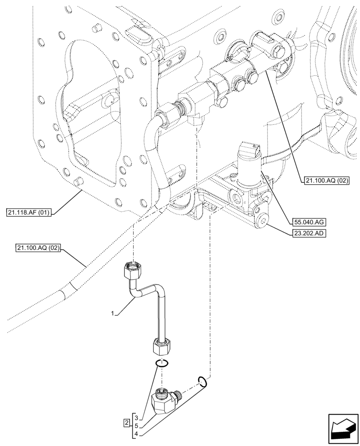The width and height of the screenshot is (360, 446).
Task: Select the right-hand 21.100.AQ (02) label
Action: click(x=327, y=181)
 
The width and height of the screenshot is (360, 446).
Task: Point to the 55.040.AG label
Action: click(x=308, y=221)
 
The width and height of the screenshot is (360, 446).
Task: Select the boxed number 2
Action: click(x=127, y=422)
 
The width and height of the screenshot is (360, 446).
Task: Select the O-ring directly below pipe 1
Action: click(x=162, y=363)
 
